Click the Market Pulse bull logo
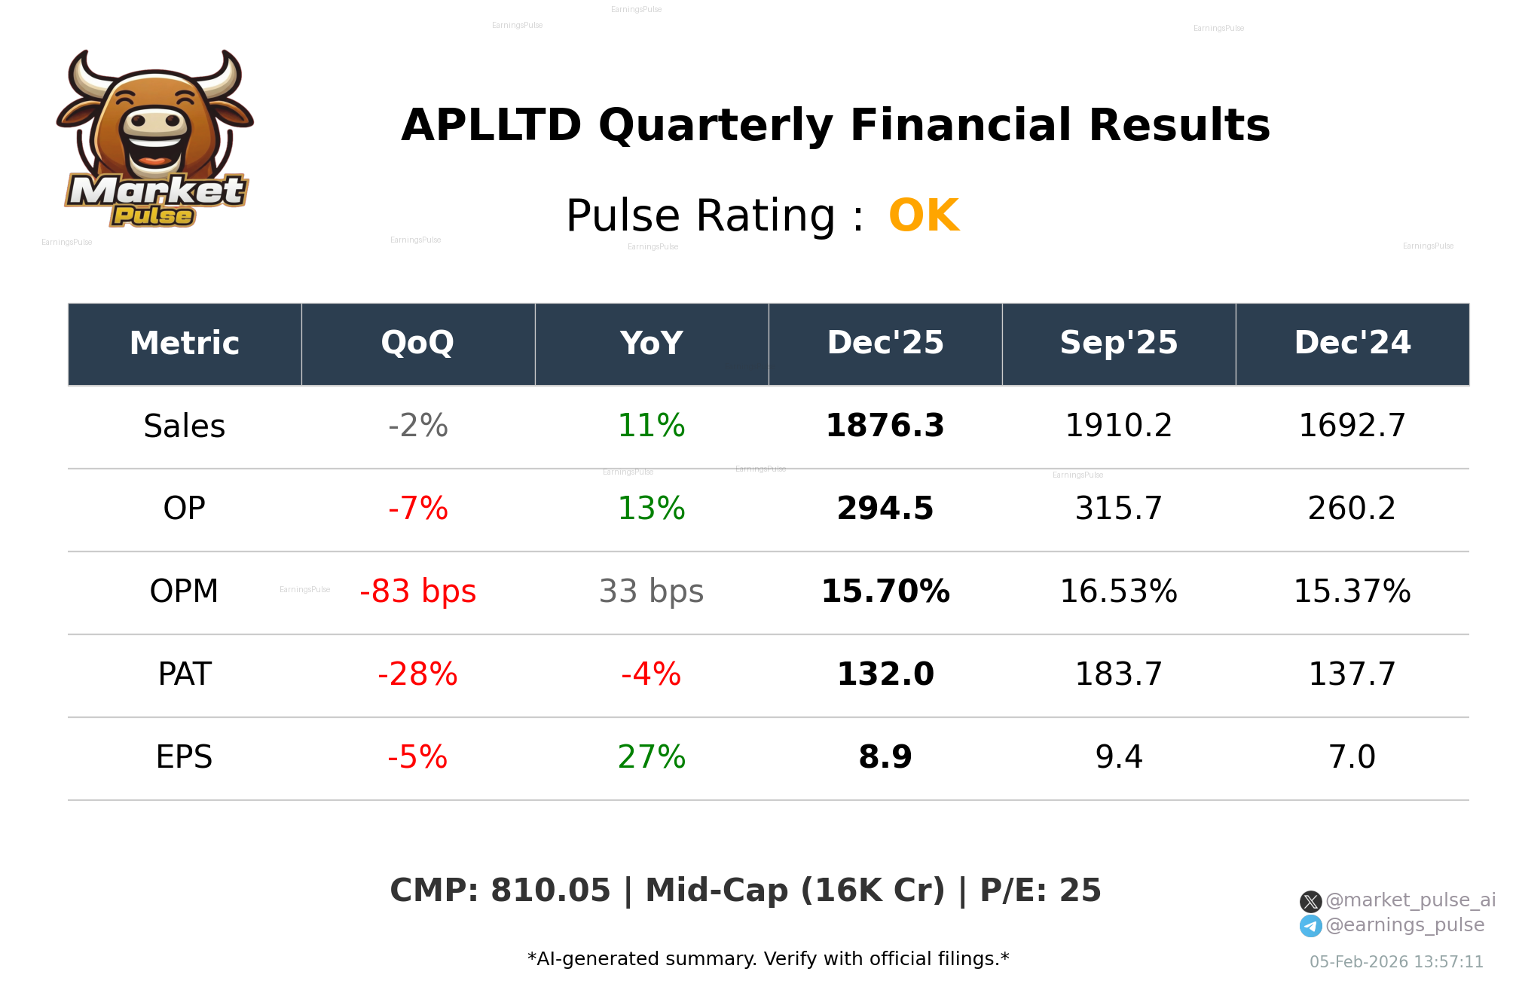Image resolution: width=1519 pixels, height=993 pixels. (x=155, y=139)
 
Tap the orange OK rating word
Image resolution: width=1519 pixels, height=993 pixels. (x=924, y=216)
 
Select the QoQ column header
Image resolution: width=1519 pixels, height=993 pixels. (x=417, y=344)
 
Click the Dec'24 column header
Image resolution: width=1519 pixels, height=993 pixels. (x=1352, y=344)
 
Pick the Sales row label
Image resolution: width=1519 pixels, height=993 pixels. (x=184, y=426)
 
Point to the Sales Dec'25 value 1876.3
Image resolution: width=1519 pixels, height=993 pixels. (x=885, y=426)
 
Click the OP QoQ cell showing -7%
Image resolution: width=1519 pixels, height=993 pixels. (x=417, y=509)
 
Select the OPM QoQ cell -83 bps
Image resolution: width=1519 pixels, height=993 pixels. (x=417, y=592)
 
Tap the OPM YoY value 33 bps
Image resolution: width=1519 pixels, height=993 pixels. (x=651, y=592)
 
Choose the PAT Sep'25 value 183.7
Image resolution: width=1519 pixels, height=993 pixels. (x=1118, y=675)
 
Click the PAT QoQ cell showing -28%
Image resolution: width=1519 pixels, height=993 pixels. (x=417, y=675)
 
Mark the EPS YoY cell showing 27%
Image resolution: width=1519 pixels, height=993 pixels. (x=651, y=758)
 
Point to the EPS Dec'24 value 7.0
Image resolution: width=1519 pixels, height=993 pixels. (x=1352, y=758)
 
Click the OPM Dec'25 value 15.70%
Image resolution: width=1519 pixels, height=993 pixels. (x=885, y=592)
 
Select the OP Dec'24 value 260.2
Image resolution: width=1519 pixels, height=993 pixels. (x=1352, y=509)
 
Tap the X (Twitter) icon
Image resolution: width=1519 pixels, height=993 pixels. (x=1310, y=901)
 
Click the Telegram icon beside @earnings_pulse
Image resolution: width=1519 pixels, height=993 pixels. (x=1310, y=926)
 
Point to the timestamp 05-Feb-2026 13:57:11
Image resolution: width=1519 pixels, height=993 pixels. (x=1395, y=962)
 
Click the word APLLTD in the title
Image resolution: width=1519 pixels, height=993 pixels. (x=491, y=126)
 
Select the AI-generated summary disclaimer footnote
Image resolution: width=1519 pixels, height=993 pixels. (x=768, y=959)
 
